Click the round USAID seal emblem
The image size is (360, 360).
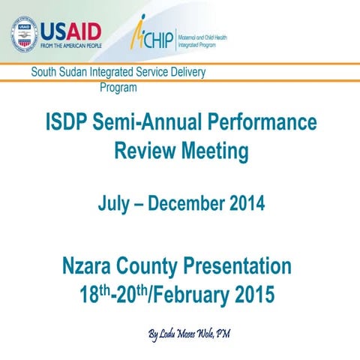23,35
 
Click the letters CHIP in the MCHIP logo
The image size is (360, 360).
160,37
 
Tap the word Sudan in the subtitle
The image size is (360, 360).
73,73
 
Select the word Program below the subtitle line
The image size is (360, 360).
118,87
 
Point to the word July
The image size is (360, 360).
115,202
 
